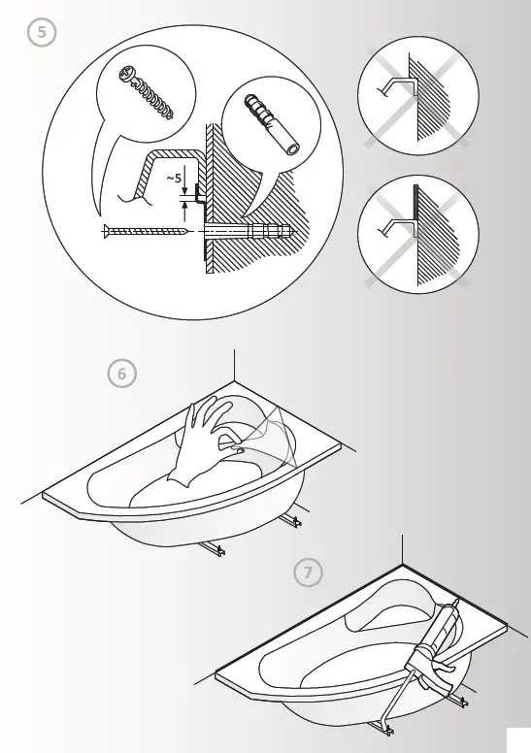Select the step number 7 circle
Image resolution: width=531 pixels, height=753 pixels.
click(307, 573)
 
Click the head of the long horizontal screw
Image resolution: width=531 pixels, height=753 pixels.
click(104, 231)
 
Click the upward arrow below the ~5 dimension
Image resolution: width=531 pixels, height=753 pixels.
click(184, 205)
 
